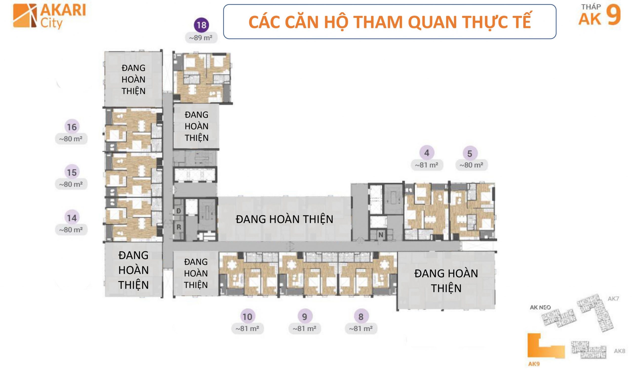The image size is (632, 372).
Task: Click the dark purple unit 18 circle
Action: (x=201, y=25)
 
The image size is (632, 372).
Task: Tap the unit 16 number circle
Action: (x=72, y=127)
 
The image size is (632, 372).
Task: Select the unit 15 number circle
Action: (x=72, y=172)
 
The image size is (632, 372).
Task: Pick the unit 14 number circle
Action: (x=72, y=218)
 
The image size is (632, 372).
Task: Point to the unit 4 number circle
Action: (x=427, y=153)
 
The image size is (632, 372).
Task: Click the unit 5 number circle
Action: (x=470, y=153)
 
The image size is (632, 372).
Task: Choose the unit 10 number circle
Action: (x=247, y=316)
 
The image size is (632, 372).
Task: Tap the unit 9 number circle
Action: (x=305, y=316)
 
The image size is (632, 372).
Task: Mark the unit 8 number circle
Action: (x=361, y=316)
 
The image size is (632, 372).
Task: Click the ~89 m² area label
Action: (x=201, y=38)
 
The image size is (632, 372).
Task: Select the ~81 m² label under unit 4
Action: (x=427, y=165)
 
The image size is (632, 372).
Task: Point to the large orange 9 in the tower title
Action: (x=613, y=16)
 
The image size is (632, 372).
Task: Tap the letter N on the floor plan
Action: (x=381, y=235)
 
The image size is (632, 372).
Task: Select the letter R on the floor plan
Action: (x=179, y=227)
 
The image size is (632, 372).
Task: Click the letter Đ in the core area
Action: (x=178, y=211)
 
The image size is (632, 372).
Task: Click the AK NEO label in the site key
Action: (x=540, y=307)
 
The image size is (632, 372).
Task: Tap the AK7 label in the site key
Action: (x=613, y=299)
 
